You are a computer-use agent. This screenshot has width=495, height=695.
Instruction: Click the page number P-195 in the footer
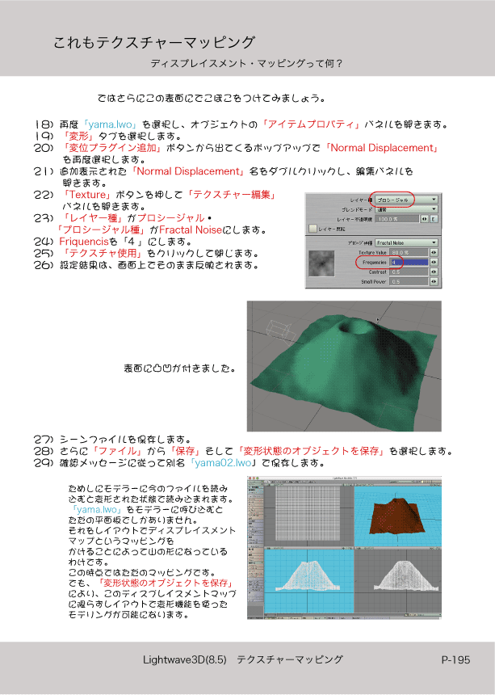455,660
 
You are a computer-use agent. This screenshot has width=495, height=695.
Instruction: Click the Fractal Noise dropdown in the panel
405,242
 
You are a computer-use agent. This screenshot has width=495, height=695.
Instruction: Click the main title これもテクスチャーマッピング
154,42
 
